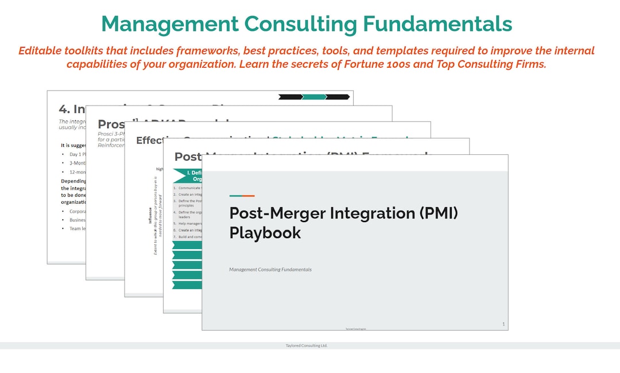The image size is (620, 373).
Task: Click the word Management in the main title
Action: pyautogui.click(x=170, y=24)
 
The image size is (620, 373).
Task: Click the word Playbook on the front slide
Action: pyautogui.click(x=265, y=232)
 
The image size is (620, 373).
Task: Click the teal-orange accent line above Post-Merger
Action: pyautogui.click(x=242, y=196)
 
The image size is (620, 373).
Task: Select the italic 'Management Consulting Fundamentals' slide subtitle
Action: pyautogui.click(x=270, y=269)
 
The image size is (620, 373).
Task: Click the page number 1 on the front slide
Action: pyautogui.click(x=503, y=324)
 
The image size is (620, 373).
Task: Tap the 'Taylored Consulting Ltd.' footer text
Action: pyautogui.click(x=307, y=345)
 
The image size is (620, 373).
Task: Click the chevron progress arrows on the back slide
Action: pyautogui.click(x=314, y=97)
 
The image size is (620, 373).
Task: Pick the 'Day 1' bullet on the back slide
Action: pyautogui.click(x=77, y=154)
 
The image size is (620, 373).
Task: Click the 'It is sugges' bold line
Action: pyautogui.click(x=73, y=145)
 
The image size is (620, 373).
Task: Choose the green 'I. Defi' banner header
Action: pyautogui.click(x=188, y=176)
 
